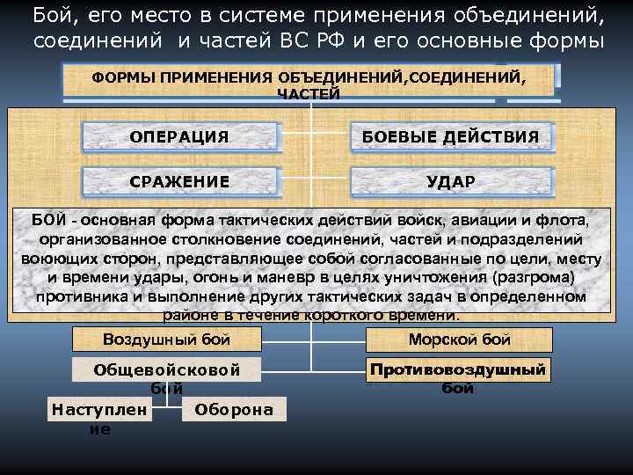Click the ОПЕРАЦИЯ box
[x=179, y=136]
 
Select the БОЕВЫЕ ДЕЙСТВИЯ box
[x=452, y=136]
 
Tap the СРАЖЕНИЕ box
[x=179, y=181]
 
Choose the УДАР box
[x=452, y=181]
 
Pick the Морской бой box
[x=459, y=340]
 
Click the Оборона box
[x=234, y=410]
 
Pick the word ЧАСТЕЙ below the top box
[x=308, y=94]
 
